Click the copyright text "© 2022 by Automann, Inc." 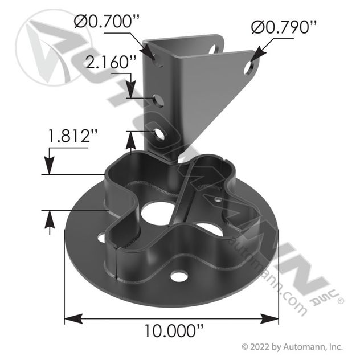[292, 346]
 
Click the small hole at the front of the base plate [179, 276]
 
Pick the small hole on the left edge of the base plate [102, 237]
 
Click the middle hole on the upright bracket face [158, 101]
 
